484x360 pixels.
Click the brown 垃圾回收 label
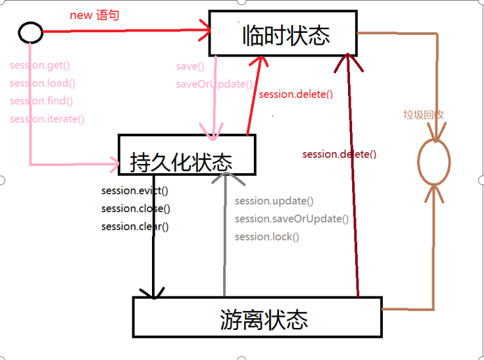point(423,114)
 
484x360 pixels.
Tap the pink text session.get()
point(40,66)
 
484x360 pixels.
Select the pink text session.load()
point(43,83)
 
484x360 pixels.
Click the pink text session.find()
point(41,100)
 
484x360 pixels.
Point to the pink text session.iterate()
point(47,119)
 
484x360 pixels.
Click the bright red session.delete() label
point(296,94)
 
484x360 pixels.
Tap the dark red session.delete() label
point(339,154)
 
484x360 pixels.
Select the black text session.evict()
point(135,190)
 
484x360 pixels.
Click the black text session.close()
point(135,209)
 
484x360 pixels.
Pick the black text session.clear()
point(135,226)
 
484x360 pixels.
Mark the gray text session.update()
point(274,201)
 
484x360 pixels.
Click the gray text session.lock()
point(267,237)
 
